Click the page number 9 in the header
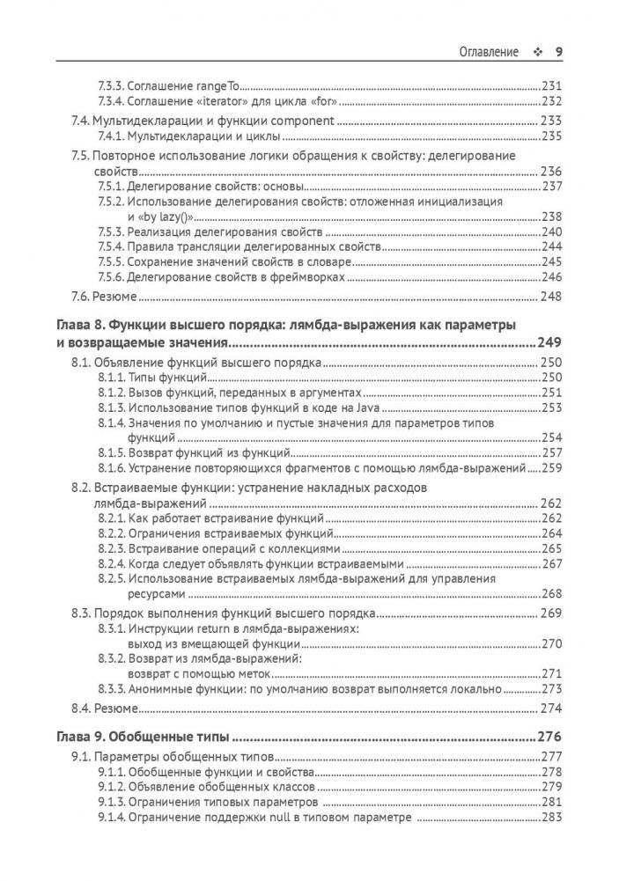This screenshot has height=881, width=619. pos(559,51)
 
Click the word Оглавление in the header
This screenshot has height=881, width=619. pos(490,51)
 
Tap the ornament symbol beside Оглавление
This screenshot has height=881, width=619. pos(536,51)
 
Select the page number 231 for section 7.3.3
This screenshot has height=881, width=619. pos(551,87)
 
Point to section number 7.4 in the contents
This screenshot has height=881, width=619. pos(79,121)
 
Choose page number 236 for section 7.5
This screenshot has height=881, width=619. pos(551,171)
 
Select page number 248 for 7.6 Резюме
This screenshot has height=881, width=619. pos(551,297)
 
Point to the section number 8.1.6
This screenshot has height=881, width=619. pos(112,468)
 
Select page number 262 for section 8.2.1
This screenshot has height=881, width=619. pos(551,518)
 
